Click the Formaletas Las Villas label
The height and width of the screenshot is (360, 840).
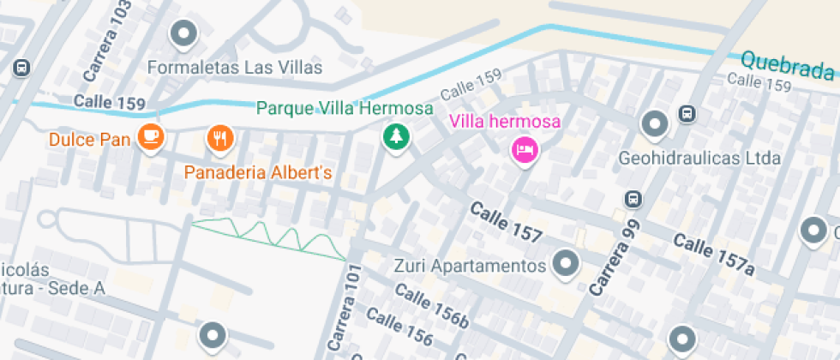pos(235,68)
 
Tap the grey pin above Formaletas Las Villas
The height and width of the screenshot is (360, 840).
pos(183,35)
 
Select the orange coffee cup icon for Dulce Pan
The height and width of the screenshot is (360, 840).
pos(152,137)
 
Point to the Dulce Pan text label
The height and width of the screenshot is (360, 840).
pos(89,139)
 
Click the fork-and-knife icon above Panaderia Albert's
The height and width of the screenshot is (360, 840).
pos(220,137)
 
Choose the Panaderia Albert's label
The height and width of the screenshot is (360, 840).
pos(258,173)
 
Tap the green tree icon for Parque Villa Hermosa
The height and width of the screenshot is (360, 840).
pos(395,135)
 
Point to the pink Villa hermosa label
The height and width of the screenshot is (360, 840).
pos(506,121)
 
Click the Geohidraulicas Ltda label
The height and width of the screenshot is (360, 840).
pos(699,159)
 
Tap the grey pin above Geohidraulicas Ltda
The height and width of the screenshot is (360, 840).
pos(656,124)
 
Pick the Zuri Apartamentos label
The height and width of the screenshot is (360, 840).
pos(470,266)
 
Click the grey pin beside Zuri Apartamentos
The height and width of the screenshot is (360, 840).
pos(565,264)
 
